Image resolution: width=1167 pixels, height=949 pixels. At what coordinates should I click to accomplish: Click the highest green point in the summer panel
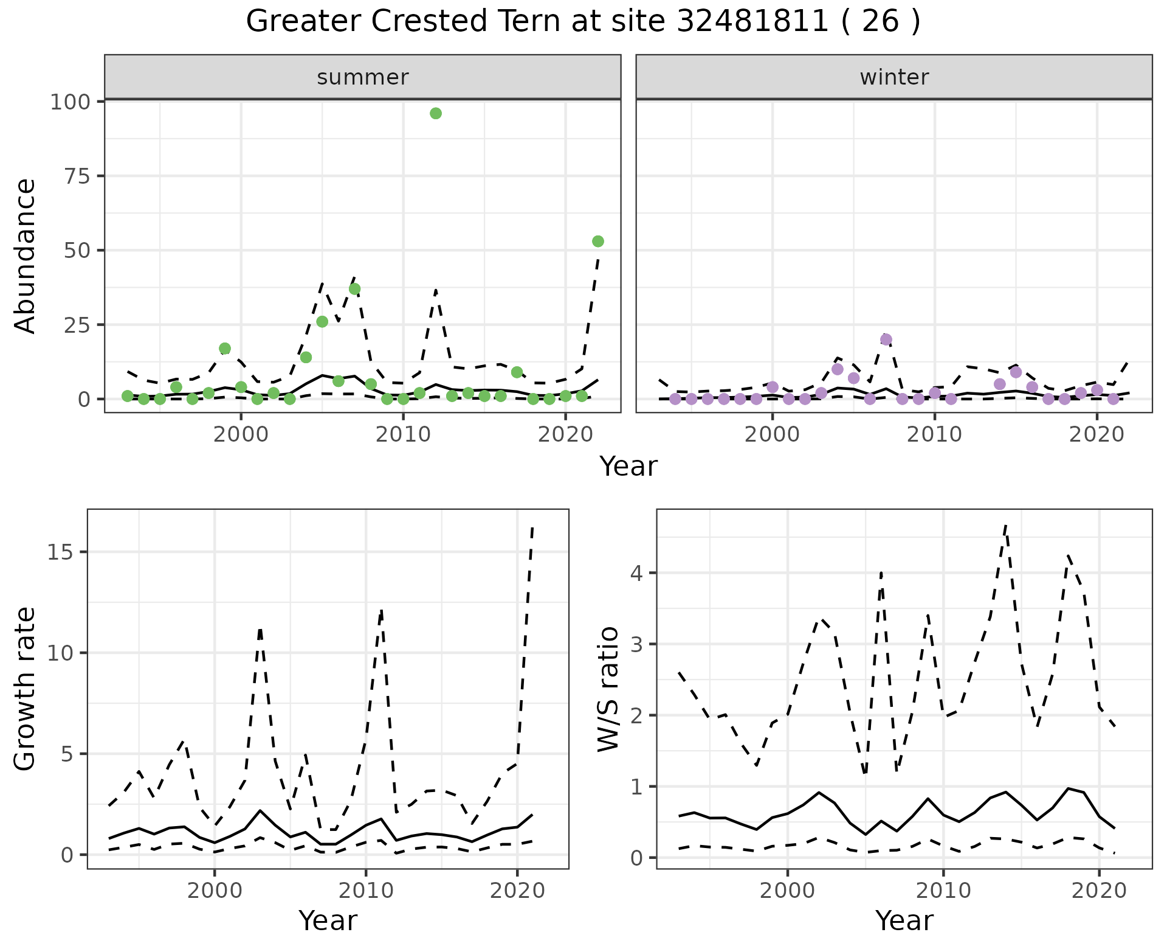435,114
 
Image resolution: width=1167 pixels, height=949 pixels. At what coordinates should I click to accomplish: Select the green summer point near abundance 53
597,242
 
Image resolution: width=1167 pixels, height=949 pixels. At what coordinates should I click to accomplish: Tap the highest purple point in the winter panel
886,339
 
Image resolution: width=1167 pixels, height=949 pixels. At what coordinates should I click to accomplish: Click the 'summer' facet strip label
363,77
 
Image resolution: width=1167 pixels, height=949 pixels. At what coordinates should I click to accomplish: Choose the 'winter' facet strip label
894,77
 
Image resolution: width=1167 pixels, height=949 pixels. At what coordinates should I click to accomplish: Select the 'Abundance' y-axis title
26,255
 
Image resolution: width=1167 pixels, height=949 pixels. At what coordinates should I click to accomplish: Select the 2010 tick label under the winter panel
934,436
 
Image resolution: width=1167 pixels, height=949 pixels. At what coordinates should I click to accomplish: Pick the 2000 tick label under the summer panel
241,436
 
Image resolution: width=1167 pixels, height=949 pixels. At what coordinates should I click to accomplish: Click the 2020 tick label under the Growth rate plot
517,891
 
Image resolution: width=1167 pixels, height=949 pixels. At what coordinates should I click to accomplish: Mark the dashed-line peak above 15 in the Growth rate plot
532,528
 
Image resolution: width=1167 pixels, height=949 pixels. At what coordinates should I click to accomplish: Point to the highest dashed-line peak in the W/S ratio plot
1005,524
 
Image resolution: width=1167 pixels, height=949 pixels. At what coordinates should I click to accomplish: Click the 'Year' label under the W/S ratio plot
904,921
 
